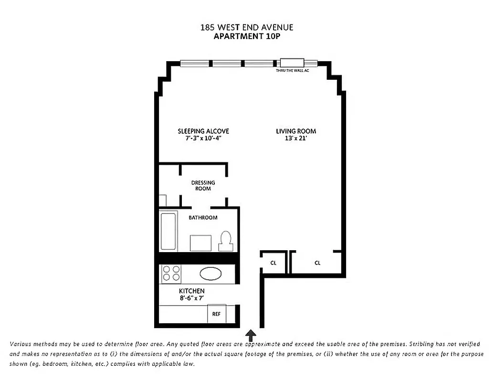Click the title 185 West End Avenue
(x=246, y=27)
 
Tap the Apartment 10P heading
(x=246, y=36)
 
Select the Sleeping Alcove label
(x=203, y=131)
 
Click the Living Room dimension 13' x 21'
(x=296, y=139)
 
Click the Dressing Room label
(x=203, y=185)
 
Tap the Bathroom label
(x=203, y=218)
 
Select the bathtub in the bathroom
(x=168, y=232)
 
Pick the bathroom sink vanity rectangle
(x=200, y=243)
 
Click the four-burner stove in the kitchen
(x=171, y=274)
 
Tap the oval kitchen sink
(x=210, y=274)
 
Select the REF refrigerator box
(x=216, y=315)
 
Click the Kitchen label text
(x=191, y=291)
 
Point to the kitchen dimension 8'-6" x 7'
(x=191, y=298)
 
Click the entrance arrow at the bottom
(x=251, y=335)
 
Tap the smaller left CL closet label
(x=273, y=263)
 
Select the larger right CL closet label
(x=317, y=263)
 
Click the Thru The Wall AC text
(x=292, y=71)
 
